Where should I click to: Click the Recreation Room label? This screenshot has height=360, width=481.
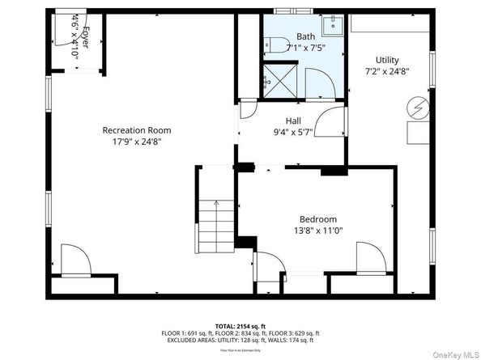point(136,129)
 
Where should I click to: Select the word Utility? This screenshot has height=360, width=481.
point(386,60)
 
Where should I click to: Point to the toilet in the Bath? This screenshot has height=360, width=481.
point(274,46)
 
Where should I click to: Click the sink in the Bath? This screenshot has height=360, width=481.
point(330,25)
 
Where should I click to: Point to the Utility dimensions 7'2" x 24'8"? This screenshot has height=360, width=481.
point(386,71)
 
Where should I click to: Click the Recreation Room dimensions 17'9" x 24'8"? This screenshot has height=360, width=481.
point(136,141)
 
